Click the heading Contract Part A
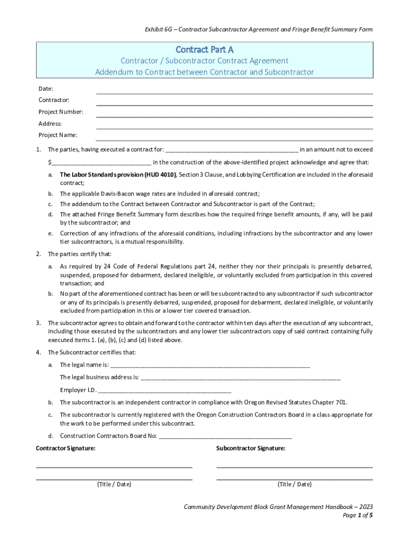coord(204,50)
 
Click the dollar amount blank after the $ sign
coord(101,163)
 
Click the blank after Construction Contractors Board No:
coord(225,437)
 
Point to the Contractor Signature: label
coord(66,448)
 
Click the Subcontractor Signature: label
coord(251,448)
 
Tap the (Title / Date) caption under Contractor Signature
coord(114,484)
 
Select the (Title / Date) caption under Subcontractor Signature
coord(294,484)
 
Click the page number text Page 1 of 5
coord(357,515)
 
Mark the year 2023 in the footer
coord(365,507)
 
